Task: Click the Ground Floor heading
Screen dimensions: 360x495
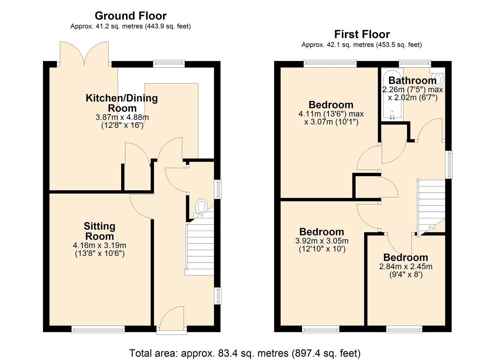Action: (130, 16)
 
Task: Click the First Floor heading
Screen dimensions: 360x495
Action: (362, 34)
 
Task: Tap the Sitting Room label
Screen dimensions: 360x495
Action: (99, 231)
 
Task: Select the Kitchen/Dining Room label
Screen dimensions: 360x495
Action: (122, 103)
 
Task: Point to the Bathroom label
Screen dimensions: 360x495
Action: (412, 80)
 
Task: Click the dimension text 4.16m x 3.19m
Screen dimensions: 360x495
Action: (99, 245)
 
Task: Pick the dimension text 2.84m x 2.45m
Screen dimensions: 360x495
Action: (406, 266)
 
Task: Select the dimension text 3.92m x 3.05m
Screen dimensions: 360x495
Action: (322, 241)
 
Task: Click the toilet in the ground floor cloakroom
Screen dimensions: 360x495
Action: (202, 206)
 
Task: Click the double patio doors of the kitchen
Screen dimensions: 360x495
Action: (84, 53)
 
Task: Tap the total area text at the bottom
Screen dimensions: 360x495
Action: (245, 353)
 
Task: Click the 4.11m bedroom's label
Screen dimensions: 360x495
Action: (331, 105)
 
